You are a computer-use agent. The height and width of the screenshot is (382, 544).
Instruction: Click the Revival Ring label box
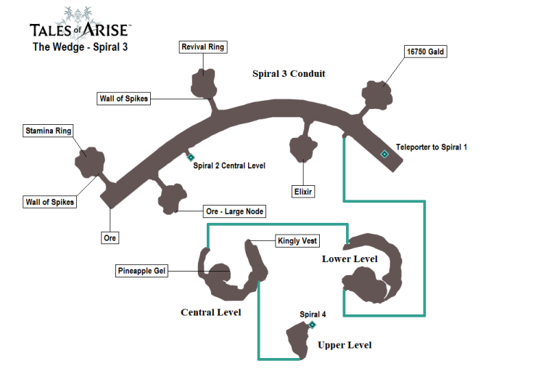[203, 47]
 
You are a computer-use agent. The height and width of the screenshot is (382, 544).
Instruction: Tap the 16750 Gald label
[425, 52]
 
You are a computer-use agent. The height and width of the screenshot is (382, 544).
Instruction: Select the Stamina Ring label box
[49, 131]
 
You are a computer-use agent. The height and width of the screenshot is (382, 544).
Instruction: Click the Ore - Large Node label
[234, 211]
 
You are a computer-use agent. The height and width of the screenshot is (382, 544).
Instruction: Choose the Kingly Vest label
[297, 240]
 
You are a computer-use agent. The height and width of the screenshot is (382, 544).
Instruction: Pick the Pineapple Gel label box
[141, 271]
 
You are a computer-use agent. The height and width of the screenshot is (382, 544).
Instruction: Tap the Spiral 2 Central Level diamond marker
[191, 157]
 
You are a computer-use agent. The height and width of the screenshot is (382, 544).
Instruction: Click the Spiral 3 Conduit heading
[289, 73]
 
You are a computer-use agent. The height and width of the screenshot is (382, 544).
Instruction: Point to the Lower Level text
[350, 259]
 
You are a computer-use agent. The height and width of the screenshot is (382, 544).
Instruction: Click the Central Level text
[210, 312]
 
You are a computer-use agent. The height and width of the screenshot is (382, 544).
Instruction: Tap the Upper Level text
[345, 345]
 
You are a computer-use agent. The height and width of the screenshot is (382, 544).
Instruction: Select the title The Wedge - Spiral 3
[81, 47]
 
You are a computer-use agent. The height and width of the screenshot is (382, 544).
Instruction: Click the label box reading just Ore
[110, 237]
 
